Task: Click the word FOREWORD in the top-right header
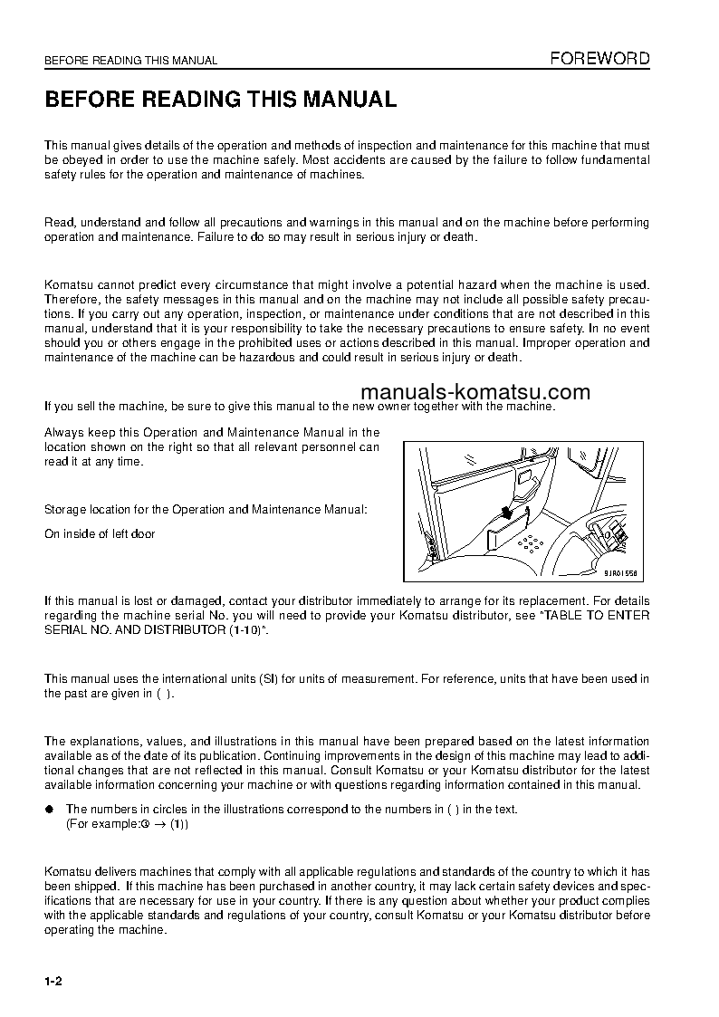pos(600,59)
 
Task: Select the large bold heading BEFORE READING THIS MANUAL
pos(221,100)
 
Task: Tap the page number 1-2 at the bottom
pos(53,983)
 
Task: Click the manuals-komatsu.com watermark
pos(475,392)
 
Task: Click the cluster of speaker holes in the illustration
pos(531,544)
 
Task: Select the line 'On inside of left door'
pos(100,533)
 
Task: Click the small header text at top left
pos(131,61)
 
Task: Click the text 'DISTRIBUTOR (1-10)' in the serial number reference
pos(206,629)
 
